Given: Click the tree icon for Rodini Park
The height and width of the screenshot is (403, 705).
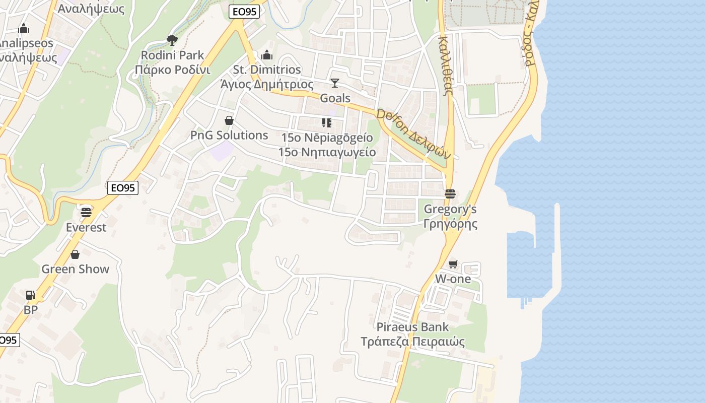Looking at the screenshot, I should point(172,40).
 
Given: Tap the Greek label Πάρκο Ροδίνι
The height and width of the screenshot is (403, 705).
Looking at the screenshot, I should point(172,70).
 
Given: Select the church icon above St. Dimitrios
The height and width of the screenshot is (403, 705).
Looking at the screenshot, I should point(267,54).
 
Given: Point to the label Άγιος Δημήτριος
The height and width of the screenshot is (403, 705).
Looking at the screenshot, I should point(267,84).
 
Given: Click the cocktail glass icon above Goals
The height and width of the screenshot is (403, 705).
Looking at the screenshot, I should point(335,83).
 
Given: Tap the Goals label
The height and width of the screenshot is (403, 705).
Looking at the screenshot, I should point(335,98).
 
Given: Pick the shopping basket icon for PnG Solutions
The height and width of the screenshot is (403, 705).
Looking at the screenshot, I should point(229,120).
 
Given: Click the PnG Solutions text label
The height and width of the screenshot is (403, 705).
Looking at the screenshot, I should point(229,135).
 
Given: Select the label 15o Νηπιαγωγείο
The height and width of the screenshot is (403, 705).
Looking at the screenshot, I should point(327,152).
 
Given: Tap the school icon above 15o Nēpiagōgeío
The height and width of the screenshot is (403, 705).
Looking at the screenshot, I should point(327,123).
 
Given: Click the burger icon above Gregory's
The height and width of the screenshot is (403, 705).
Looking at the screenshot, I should point(450,194).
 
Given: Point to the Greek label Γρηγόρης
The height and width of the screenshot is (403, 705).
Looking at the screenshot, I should point(450,224).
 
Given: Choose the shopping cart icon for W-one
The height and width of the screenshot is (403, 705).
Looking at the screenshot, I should point(453,264).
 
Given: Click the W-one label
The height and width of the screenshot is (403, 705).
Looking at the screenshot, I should point(453,279).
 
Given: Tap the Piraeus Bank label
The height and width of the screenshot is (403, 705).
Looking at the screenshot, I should point(412,327).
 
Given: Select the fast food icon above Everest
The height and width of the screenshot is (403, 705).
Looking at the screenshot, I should point(86,212).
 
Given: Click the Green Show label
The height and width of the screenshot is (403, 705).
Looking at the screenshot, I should point(75,269).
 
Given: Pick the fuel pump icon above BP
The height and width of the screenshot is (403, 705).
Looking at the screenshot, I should point(31,295).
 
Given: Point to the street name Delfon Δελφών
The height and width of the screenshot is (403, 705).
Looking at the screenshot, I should point(413,135).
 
